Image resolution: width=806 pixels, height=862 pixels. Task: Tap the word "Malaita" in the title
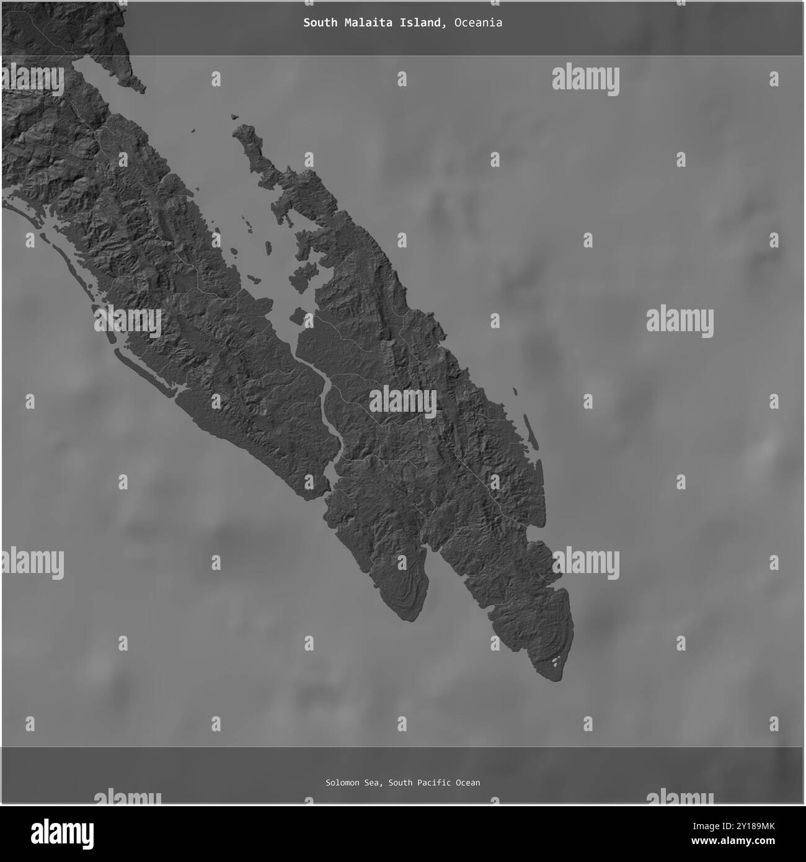(x=363, y=23)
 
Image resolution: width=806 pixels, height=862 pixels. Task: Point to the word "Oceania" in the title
(x=478, y=23)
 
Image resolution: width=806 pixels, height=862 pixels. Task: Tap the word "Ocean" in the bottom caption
(x=468, y=783)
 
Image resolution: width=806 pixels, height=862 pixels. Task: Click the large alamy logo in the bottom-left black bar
(x=64, y=831)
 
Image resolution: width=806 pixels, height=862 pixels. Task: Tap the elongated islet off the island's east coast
(x=531, y=432)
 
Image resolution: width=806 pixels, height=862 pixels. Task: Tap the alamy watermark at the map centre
(x=403, y=402)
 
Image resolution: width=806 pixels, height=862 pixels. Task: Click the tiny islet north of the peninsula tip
(x=234, y=116)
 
